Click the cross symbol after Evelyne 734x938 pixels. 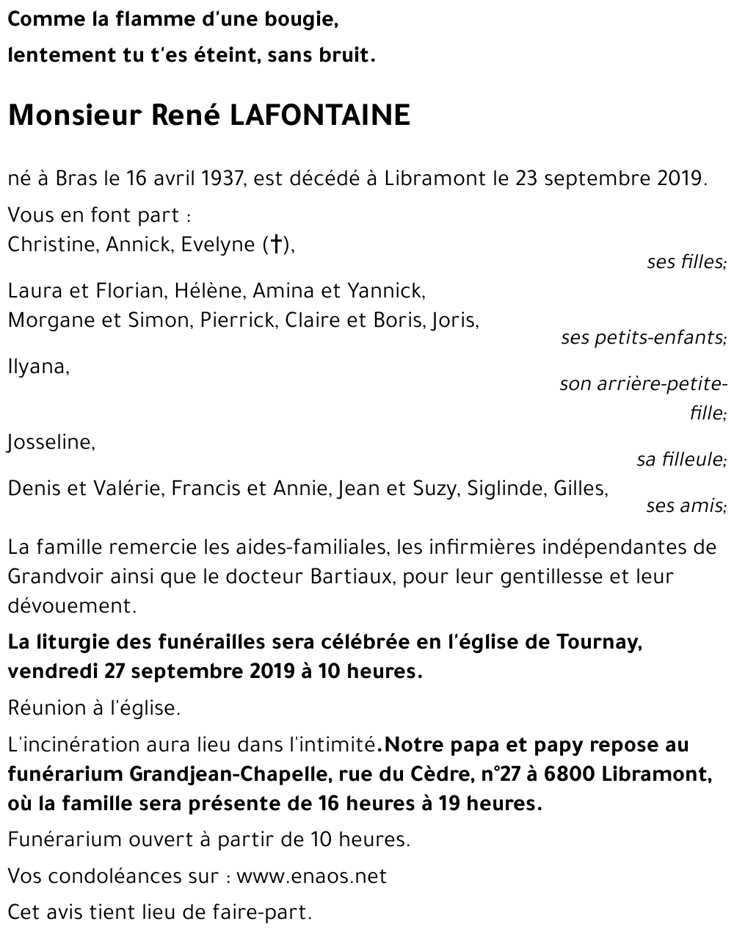[x=276, y=245]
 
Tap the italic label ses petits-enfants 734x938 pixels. [x=643, y=338]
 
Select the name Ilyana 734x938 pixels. [x=37, y=367]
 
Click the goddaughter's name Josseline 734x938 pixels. [x=51, y=442]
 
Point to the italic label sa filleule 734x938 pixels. [x=681, y=460]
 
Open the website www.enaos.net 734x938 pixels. [x=311, y=876]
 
